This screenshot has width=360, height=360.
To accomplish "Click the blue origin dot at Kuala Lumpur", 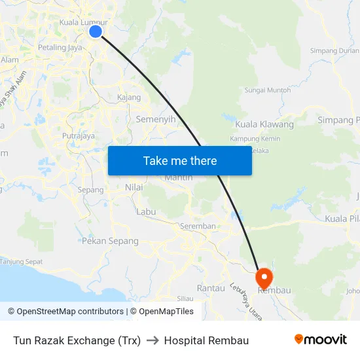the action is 96,31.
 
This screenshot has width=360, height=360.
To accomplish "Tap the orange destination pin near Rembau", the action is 264,277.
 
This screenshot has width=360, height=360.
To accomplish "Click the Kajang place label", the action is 129,98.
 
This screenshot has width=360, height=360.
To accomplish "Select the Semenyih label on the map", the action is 156,120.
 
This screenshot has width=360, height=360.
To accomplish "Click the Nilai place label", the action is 134,187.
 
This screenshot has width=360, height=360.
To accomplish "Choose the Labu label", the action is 146,211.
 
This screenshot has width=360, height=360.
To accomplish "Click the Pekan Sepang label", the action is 110,241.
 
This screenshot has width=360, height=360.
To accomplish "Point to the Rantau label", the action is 211,288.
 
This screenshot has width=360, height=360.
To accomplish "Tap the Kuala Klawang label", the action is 264,124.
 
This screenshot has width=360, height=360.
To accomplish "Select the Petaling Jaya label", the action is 60,47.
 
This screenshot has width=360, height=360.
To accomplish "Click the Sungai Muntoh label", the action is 268,90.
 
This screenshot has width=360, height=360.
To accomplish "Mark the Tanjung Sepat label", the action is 21,262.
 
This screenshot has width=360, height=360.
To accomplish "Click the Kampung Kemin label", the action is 255,139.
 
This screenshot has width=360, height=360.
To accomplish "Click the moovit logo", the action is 321,340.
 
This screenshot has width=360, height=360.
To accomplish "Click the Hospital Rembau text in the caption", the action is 206,340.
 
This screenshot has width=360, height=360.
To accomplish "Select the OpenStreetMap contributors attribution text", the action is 65,312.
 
